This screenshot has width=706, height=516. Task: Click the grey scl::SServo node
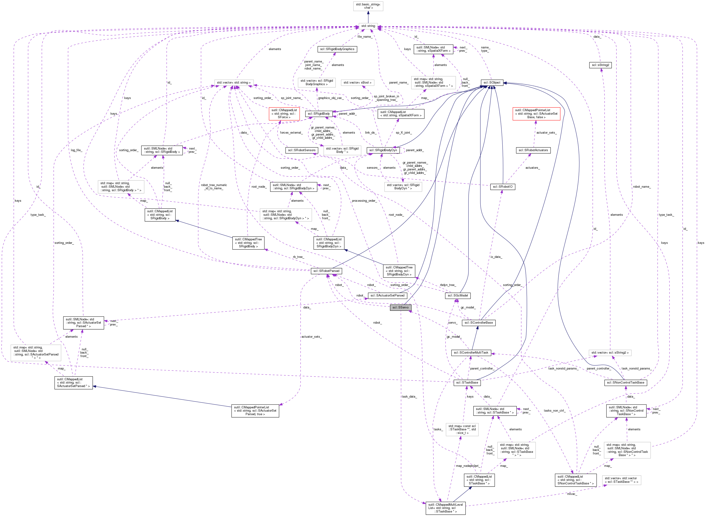point(400,307)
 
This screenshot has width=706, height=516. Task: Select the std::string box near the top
point(368,26)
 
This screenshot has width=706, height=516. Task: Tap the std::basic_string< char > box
point(368,6)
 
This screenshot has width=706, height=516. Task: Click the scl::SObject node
point(492,82)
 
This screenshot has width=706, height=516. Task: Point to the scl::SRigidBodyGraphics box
point(337,49)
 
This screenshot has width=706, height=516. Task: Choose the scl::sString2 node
point(600,65)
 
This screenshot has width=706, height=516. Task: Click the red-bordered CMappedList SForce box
point(284,114)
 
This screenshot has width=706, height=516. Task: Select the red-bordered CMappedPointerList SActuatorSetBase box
point(536,114)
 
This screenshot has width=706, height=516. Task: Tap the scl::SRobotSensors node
point(302,150)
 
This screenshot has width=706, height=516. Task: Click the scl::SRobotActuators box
point(533,150)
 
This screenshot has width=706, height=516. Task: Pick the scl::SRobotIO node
point(502,187)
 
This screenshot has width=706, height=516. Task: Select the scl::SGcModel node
point(458,296)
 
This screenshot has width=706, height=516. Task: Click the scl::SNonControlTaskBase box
point(625,383)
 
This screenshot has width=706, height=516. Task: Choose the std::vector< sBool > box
point(357,82)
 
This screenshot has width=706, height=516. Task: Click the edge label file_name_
point(364,37)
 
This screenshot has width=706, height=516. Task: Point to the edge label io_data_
point(496,257)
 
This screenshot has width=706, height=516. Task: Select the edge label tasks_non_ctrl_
point(554,411)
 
